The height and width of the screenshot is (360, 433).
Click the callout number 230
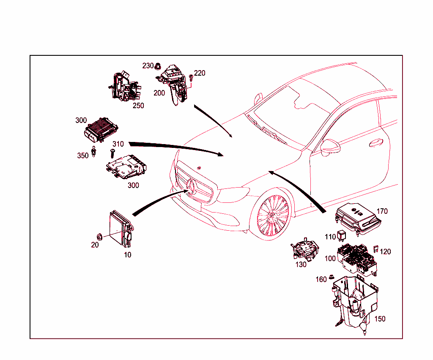coord(148,66)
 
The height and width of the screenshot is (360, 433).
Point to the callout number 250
coord(138,106)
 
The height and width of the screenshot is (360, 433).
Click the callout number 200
coord(159,93)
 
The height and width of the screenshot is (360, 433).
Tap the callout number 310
coord(118,144)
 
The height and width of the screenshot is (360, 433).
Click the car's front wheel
coord(273,216)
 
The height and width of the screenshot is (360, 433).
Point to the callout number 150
coord(380,319)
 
